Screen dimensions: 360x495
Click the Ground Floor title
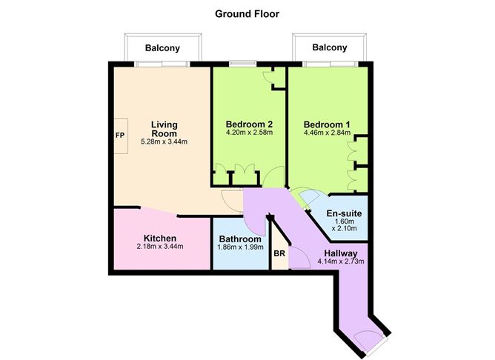point(247,13)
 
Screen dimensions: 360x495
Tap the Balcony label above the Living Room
point(162,47)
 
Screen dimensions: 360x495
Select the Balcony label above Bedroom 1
point(329,47)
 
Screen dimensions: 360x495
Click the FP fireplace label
point(119,136)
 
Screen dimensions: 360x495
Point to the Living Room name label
point(164,129)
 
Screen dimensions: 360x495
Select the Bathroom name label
point(240,240)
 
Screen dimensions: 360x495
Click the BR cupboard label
point(279,253)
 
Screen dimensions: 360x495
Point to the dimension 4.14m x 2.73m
point(340,261)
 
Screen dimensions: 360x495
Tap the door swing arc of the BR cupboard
point(299,256)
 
